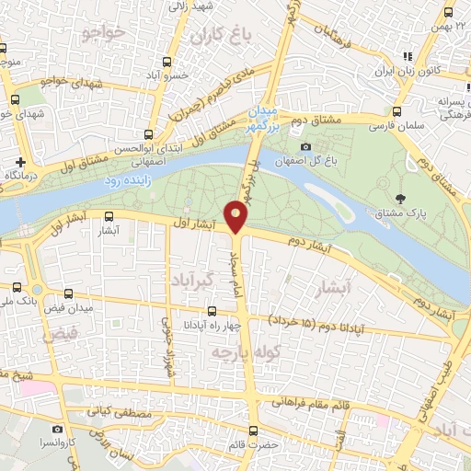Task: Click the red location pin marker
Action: point(237,217)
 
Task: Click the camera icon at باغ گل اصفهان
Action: point(305,146)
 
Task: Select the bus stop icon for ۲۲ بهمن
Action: point(448,13)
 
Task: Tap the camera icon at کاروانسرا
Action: point(57,429)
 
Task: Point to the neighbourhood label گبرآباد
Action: point(193,277)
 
